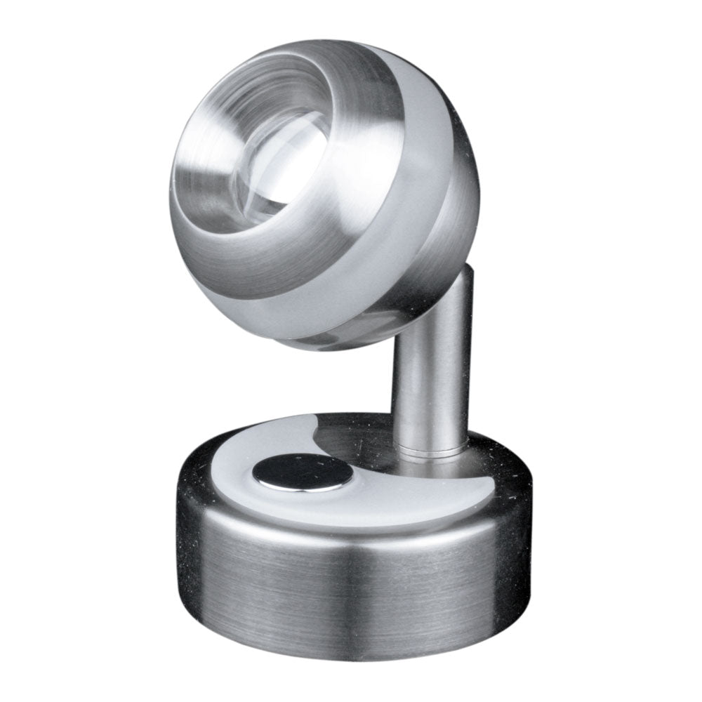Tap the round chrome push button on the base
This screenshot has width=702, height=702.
303,472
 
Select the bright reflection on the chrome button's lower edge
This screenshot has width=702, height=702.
302,486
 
